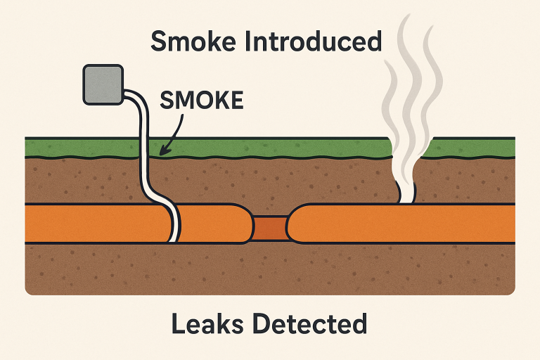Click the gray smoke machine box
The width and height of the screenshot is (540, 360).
point(103,86)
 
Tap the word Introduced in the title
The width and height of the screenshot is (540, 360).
point(314,41)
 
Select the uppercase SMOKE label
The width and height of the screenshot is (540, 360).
point(202,101)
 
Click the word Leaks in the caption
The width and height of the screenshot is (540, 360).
point(204,324)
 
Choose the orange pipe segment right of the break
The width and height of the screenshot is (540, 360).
point(408,224)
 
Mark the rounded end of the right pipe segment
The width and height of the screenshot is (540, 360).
point(294,224)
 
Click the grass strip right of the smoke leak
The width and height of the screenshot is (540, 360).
point(471,147)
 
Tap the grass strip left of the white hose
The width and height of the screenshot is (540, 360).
point(77,147)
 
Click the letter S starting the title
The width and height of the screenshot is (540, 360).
point(160,41)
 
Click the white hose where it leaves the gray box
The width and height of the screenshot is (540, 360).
point(129,94)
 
